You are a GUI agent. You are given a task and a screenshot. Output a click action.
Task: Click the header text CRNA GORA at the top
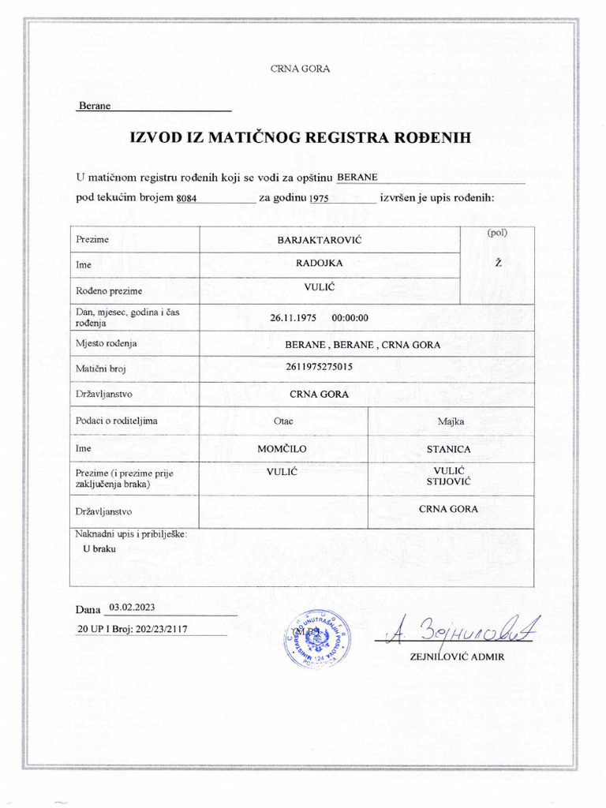pos(300,69)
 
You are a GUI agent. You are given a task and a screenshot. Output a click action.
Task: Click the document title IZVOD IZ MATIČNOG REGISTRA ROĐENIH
pos(300,138)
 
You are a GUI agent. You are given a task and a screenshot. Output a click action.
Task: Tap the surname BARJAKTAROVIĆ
pos(331,239)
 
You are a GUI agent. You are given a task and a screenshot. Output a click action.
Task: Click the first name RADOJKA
pos(331,264)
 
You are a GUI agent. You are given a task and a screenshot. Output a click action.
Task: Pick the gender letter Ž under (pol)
pos(498,263)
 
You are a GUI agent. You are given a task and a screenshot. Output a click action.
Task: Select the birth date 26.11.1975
pos(293,318)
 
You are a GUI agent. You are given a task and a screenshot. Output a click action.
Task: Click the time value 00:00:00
pos(351,318)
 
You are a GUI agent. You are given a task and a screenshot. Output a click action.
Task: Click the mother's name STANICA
pos(448,449)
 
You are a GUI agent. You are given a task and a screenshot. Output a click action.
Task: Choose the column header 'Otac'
pos(283,421)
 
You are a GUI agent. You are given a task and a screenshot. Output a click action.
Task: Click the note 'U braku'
pos(99,548)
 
